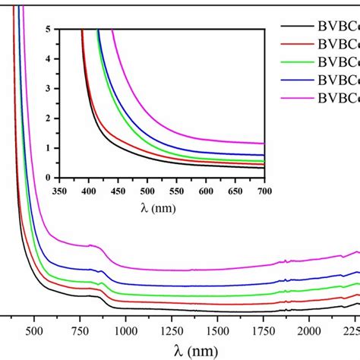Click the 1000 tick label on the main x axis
125,331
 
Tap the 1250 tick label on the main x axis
172,331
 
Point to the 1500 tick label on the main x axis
218,331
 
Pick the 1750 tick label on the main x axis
264,331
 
